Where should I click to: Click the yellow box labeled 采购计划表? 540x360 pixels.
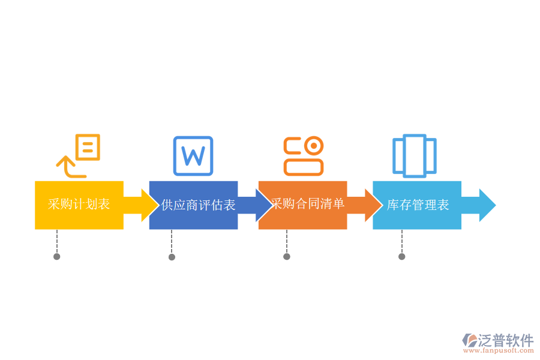point(79,205)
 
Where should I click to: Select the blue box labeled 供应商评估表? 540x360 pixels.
point(193,205)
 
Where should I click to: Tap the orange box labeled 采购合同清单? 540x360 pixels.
point(302,205)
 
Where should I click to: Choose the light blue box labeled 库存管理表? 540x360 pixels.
point(417,205)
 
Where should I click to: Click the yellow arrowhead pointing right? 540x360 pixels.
point(149,205)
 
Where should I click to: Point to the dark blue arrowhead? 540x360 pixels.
point(263,205)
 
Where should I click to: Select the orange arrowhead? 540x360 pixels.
point(373,205)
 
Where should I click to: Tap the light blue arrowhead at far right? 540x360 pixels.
point(487,205)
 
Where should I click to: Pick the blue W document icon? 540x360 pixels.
point(193,156)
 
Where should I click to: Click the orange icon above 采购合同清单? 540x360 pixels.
point(303,156)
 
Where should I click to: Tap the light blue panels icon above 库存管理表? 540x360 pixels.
point(414,156)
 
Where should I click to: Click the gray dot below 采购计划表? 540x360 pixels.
point(57,256)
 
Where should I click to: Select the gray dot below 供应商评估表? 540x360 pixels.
point(172,257)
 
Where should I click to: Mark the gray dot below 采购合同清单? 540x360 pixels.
point(287,256)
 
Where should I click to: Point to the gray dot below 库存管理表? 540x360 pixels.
point(402,256)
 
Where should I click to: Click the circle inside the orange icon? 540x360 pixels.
point(313,146)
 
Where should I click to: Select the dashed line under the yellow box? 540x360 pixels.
point(57,241)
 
